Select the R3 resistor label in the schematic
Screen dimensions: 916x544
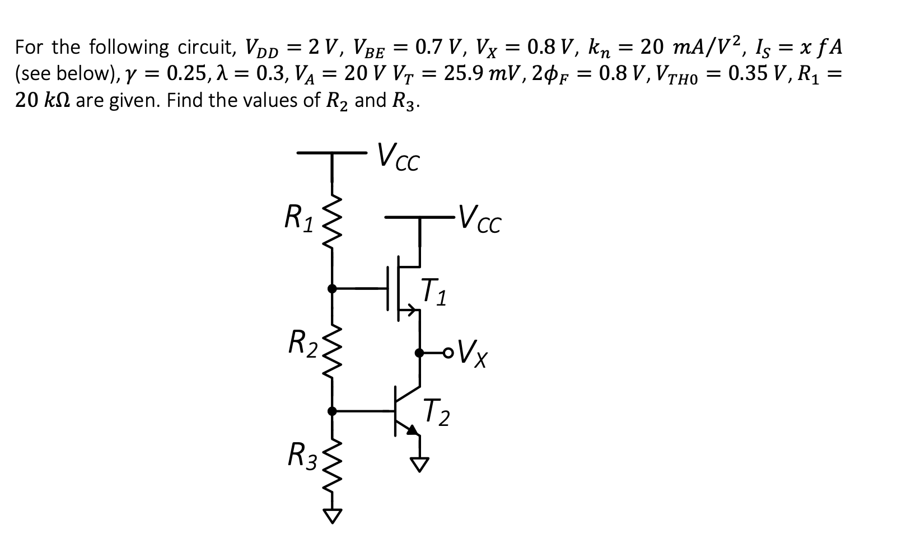(302, 454)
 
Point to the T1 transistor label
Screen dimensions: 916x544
(434, 292)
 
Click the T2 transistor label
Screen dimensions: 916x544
(436, 412)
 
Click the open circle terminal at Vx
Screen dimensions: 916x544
(446, 353)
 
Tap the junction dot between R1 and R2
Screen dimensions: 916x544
(332, 288)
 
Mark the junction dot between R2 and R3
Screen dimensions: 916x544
(332, 411)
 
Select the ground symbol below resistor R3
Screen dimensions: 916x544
(333, 515)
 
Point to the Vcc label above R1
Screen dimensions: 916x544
(398, 157)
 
